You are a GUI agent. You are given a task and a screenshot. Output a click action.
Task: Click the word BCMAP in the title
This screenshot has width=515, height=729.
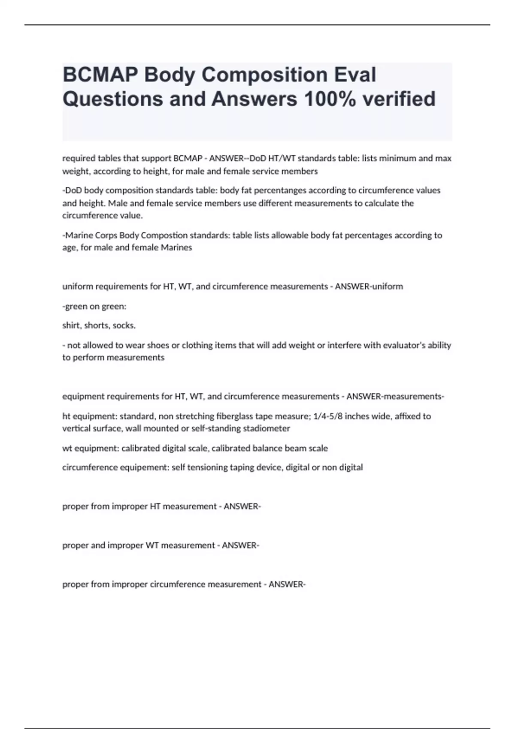point(100,75)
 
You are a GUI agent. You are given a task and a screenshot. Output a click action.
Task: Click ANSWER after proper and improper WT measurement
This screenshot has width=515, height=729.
point(240,545)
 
